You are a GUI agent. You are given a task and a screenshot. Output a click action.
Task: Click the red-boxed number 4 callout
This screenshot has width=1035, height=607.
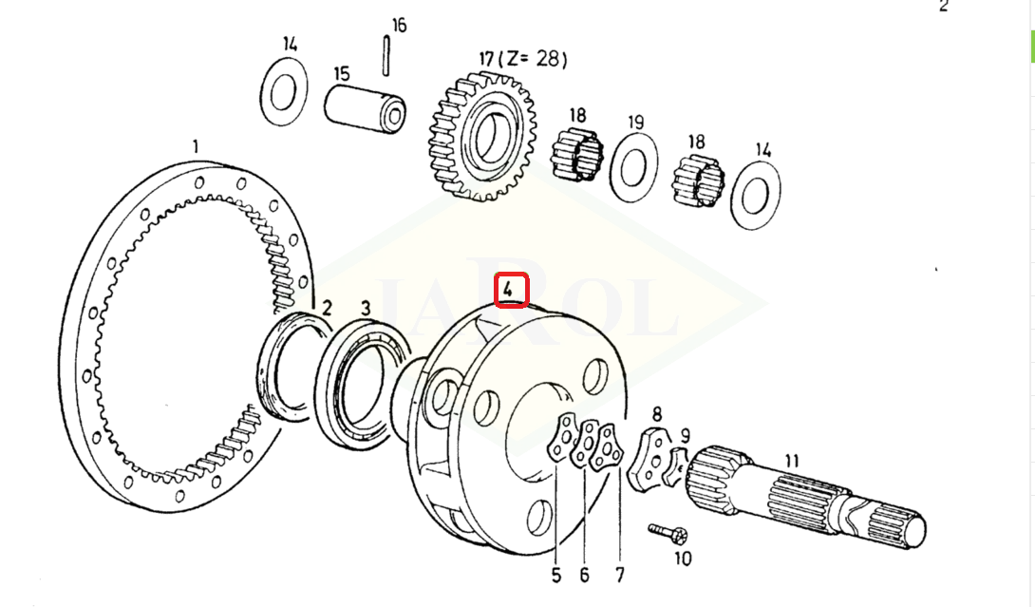coord(512,290)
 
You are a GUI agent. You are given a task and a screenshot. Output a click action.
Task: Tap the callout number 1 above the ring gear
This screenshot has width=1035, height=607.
coord(195,146)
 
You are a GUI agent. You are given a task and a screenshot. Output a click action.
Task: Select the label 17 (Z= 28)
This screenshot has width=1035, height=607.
coord(523,59)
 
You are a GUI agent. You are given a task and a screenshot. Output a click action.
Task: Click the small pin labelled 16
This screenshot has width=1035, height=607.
coord(386,56)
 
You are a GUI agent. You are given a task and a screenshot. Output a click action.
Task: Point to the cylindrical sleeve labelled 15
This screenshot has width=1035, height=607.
coord(365,108)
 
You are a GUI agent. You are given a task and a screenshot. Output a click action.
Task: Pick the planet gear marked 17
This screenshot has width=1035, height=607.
coord(482,136)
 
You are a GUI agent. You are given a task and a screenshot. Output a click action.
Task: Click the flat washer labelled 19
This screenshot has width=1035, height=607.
coord(633,167)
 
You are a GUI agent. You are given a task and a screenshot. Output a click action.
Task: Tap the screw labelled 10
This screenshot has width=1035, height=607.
coord(668,532)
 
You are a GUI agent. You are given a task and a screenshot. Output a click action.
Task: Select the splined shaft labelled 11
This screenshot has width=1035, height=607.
coord(805,498)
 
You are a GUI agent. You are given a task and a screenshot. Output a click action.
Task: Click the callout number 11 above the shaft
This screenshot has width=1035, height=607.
coord(791,461)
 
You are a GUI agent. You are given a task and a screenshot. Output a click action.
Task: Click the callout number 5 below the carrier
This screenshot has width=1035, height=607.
coord(555,576)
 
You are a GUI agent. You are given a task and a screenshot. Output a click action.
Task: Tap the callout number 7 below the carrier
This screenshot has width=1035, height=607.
coord(619,575)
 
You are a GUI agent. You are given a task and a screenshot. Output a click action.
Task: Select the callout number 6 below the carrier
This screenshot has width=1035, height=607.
coord(584,576)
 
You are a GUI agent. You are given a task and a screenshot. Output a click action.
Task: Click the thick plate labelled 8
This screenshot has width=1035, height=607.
coord(648,460)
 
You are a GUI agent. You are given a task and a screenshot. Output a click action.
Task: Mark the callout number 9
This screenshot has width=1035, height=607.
coord(686,436)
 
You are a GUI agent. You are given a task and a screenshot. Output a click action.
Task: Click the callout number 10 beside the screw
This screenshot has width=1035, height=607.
coord(683,559)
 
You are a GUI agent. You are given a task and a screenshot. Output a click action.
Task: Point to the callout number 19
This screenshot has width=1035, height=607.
coord(635,123)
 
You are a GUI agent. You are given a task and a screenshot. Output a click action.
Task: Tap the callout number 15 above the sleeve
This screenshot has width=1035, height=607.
coord(341,73)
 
